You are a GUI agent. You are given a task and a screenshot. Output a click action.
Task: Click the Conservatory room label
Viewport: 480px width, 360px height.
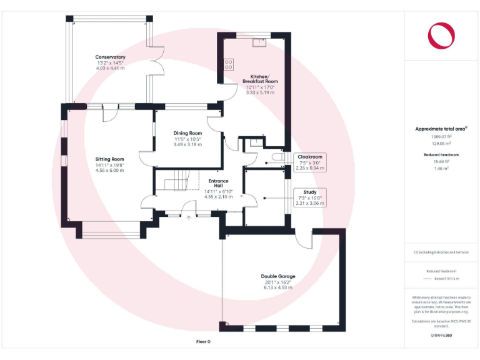tap(110, 57)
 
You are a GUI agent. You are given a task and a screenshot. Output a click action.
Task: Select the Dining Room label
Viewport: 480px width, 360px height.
tap(187, 133)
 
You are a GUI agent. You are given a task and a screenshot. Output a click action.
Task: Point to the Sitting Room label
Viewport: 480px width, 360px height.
tap(109, 159)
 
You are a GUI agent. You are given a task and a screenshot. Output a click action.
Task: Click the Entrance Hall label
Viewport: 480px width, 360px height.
tap(218, 184)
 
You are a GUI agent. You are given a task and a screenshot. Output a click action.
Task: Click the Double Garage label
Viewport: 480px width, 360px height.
tap(278, 276)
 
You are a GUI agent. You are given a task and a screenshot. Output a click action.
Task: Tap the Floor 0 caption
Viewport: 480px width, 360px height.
tap(203, 342)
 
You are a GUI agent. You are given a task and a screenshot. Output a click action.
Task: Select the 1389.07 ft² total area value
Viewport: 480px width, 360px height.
tap(441, 136)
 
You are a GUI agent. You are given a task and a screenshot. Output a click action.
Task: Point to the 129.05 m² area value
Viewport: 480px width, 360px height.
tap(441, 142)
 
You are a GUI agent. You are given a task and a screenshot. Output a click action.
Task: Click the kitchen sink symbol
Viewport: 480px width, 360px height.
tap(259, 42)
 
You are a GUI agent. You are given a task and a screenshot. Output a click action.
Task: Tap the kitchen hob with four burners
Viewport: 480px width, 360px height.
tap(228, 64)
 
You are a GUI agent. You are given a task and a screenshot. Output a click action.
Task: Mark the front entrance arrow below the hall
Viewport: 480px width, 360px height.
tap(189, 218)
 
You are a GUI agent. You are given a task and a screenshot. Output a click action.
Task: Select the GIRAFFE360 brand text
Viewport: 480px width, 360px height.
tap(441, 336)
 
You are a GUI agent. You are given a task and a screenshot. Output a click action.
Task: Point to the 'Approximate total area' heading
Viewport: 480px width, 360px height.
tap(441, 129)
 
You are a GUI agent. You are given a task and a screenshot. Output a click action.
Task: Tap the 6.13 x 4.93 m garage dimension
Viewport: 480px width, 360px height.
tap(278, 287)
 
